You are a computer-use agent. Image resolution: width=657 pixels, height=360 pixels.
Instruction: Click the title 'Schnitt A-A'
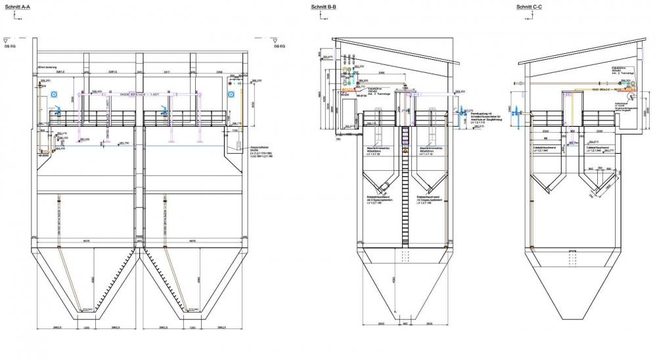pyautogui.click(x=19, y=7)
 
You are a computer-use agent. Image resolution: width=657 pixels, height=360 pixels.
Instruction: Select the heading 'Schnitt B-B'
pyautogui.click(x=325, y=7)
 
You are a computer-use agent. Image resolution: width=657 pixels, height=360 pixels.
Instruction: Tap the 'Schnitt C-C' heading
pyautogui.click(x=529, y=7)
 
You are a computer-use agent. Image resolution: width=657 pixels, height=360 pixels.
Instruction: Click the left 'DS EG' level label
pyautogui.click(x=11, y=47)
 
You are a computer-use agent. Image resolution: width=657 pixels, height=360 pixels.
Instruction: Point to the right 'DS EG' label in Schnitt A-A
pyautogui.click(x=279, y=47)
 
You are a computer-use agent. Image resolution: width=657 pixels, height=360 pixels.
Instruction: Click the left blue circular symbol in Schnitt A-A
pyautogui.click(x=56, y=94)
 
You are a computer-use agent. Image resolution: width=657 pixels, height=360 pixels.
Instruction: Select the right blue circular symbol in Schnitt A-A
pyautogui.click(x=231, y=94)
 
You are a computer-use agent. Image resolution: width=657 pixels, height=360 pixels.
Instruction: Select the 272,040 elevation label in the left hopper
pyautogui.click(x=85, y=309)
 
